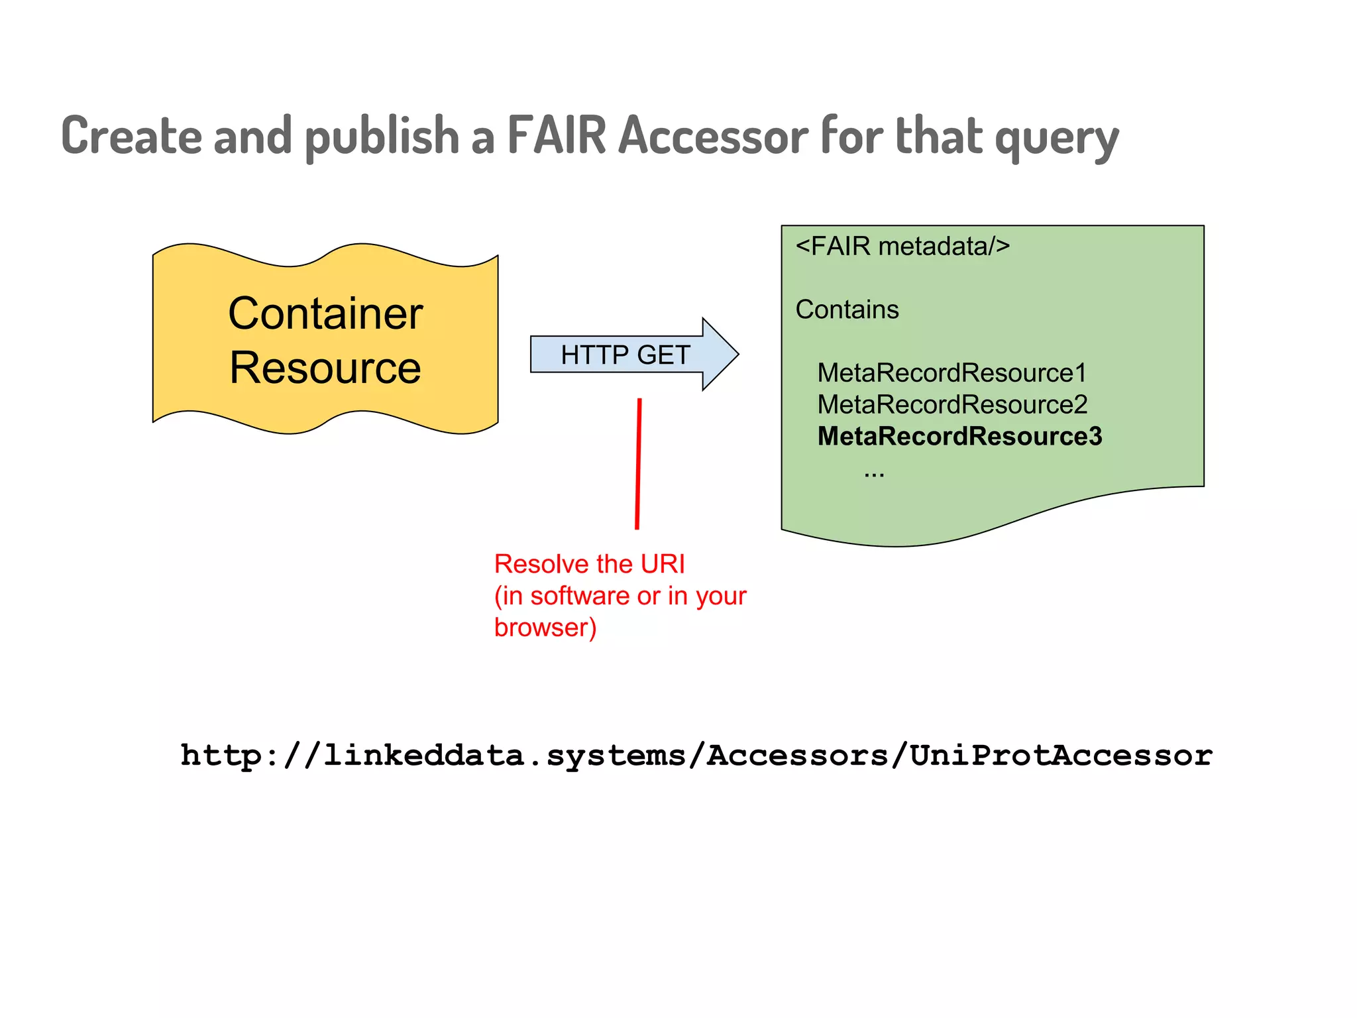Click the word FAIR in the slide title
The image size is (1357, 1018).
557,135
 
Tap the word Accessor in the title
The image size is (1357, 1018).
714,135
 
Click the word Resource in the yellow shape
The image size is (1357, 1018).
325,367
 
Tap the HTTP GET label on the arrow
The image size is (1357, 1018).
625,355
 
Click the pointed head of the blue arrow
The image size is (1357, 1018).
721,355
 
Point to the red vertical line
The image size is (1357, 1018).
638,464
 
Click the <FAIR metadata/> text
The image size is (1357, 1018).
902,246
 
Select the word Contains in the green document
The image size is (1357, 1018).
847,310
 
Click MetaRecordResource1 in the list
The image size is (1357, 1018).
951,372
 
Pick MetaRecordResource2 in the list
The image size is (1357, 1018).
952,404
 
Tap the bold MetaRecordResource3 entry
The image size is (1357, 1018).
959,436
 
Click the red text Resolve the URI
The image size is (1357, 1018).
589,564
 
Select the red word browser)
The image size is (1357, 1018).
545,627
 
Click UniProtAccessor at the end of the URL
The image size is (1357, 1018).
1061,756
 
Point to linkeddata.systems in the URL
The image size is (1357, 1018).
504,756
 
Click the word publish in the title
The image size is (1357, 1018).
382,135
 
